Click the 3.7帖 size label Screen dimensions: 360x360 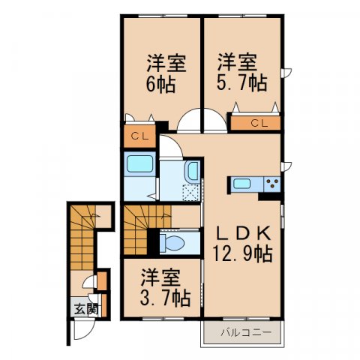(x=163, y=299)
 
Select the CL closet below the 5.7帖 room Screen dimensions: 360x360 (x=256, y=123)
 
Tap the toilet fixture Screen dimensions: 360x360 (x=174, y=243)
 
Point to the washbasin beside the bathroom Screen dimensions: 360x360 (x=191, y=172)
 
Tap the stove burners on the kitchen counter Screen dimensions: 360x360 (x=272, y=184)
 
